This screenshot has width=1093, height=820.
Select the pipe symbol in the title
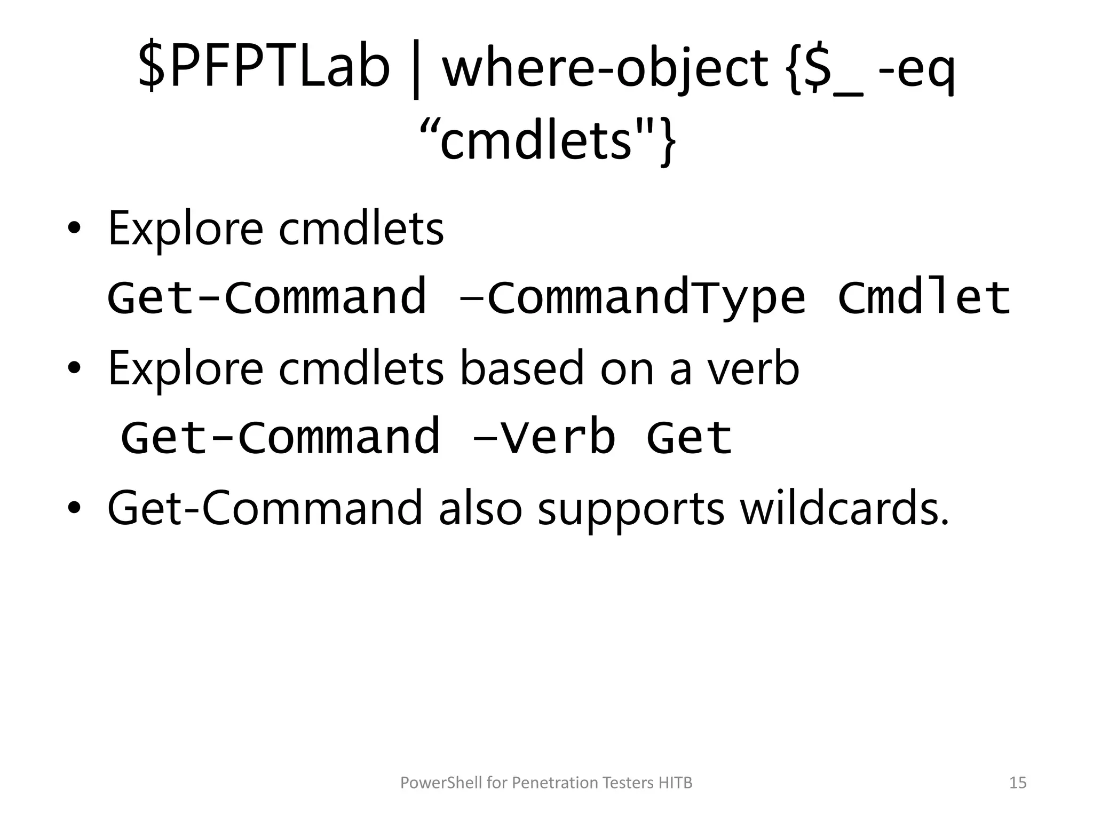point(416,69)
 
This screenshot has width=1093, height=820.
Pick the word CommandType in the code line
point(646,297)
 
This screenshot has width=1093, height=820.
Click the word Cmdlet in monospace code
point(924,297)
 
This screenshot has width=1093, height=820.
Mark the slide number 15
point(1018,783)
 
